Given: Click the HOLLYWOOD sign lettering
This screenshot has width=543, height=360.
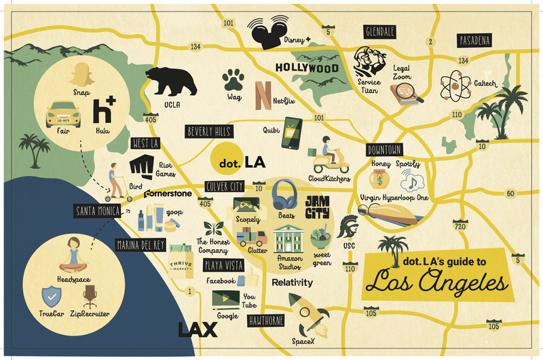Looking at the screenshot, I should coord(306,68).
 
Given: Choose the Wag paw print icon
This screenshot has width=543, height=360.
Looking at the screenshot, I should coord(233,82).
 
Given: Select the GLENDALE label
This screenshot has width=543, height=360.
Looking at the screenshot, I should coord(380,32).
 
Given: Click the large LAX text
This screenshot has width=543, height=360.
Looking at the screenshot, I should coord(198,330).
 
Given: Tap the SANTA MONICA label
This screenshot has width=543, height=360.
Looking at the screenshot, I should coord(98,212).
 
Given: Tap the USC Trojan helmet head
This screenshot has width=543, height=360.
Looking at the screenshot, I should coord(350,228).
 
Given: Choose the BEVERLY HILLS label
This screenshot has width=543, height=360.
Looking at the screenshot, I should coord(209,132).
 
